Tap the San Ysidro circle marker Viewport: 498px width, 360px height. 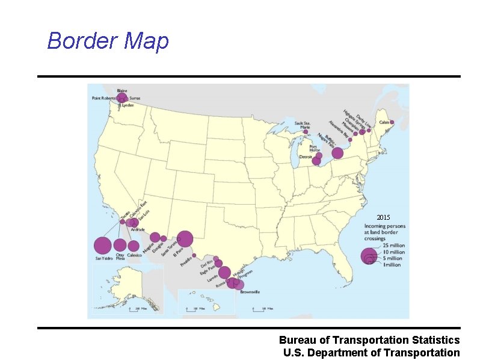[103, 246]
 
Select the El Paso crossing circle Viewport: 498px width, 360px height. [185, 239]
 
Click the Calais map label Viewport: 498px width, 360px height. [384, 121]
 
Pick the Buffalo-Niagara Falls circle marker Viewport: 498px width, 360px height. [337, 153]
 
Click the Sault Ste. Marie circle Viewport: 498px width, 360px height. [306, 132]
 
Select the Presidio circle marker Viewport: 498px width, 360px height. [194, 255]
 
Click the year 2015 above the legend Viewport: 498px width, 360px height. [383, 217]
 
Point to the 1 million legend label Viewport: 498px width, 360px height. [392, 265]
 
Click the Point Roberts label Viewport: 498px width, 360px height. [103, 98]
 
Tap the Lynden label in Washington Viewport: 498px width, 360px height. [128, 105]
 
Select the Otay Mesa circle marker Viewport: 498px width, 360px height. [120, 245]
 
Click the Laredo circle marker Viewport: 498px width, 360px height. [224, 273]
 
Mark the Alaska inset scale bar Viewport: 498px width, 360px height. [138, 308]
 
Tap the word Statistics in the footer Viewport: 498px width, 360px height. [428, 341]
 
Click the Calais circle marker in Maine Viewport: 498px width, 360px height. [392, 122]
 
